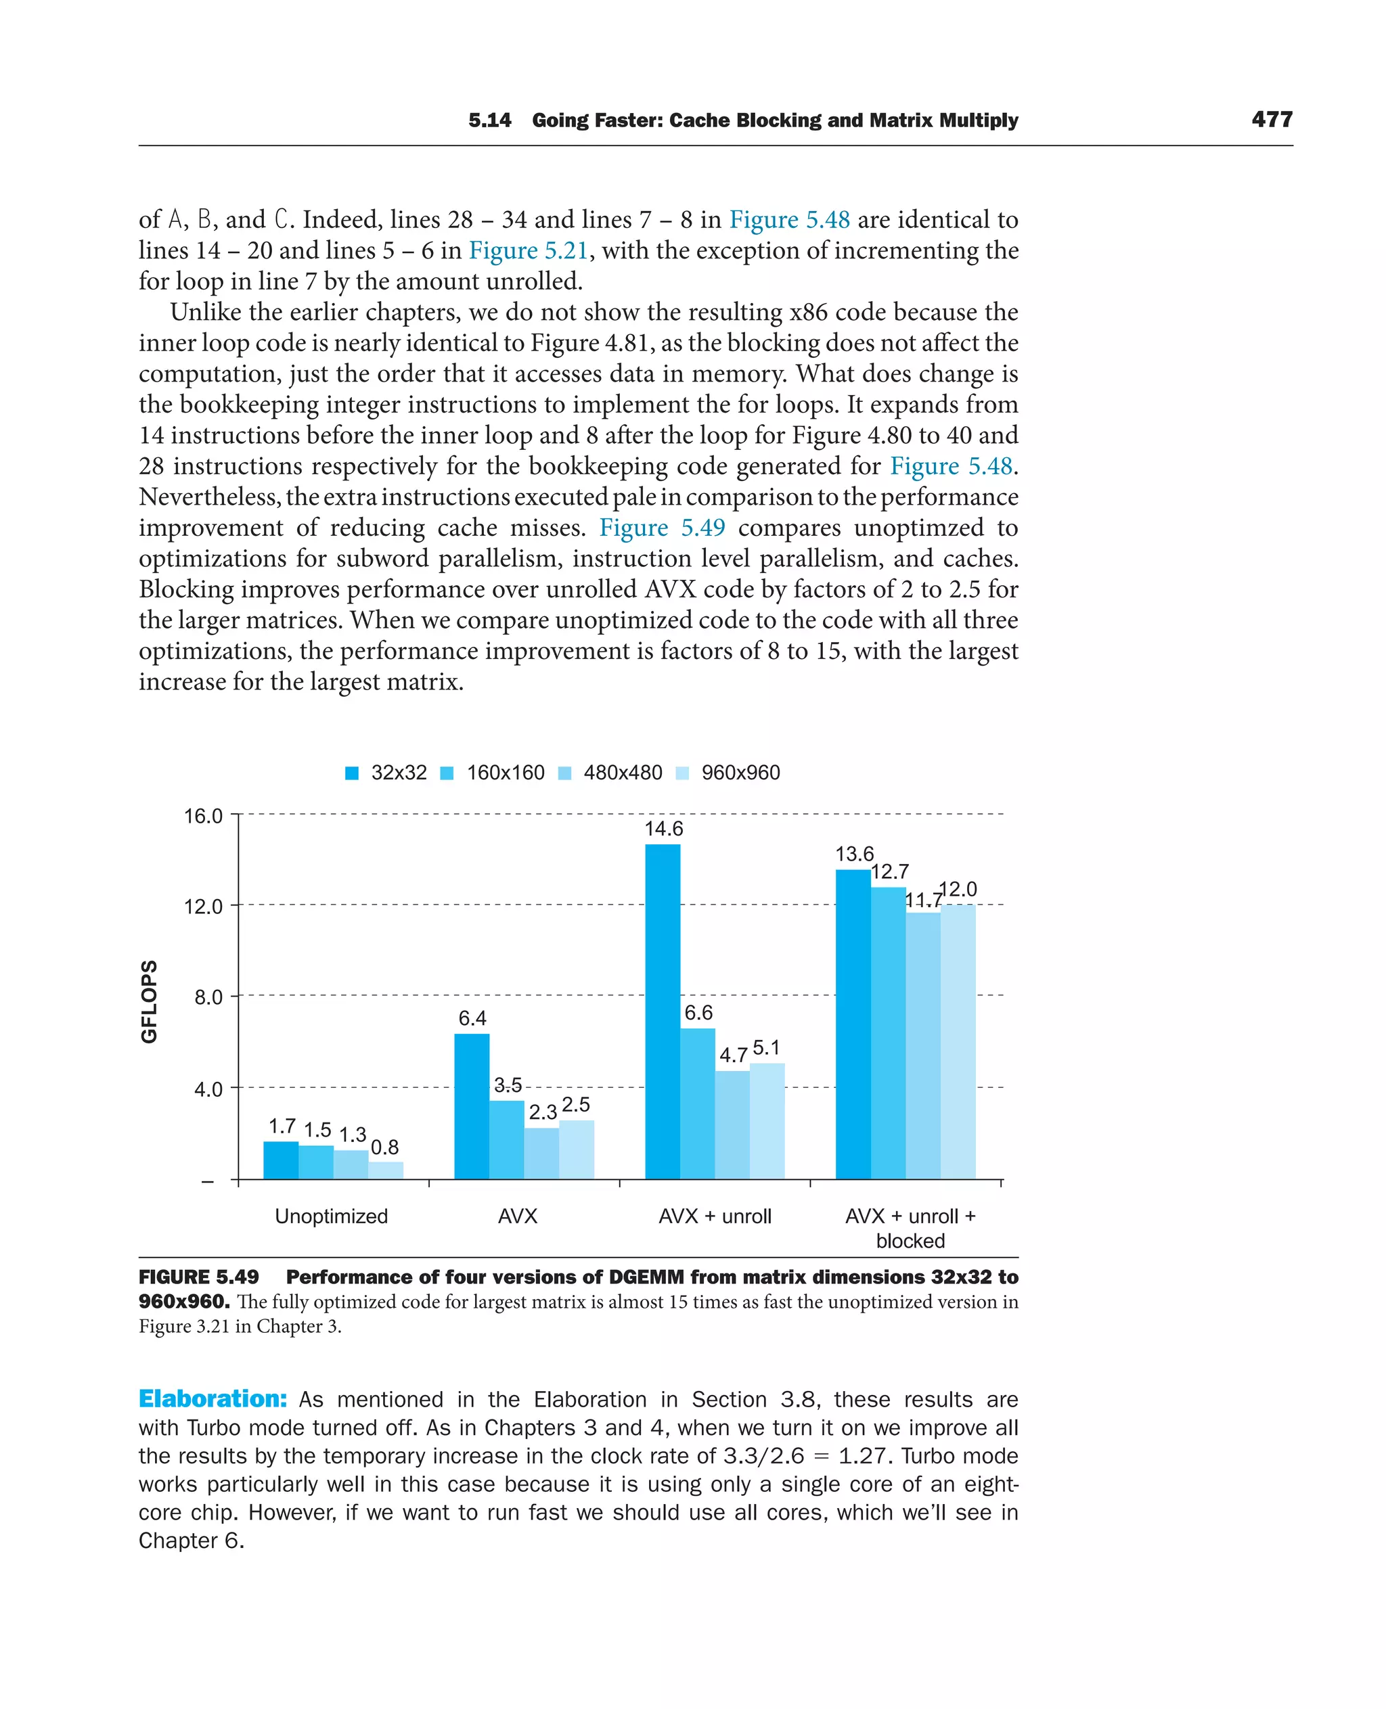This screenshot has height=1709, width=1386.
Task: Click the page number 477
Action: pyautogui.click(x=1272, y=120)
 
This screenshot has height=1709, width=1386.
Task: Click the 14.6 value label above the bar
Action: pyautogui.click(x=663, y=829)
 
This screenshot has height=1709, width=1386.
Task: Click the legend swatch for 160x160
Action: pyautogui.click(x=447, y=773)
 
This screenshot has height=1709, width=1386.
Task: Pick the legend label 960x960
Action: pyautogui.click(x=740, y=773)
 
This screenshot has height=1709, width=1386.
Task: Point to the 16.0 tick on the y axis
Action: pyautogui.click(x=204, y=816)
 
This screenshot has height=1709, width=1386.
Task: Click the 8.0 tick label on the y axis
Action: pyautogui.click(x=208, y=997)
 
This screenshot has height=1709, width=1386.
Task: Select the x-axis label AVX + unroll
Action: pyautogui.click(x=715, y=1216)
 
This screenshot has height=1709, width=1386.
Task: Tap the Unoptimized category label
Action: pyautogui.click(x=332, y=1216)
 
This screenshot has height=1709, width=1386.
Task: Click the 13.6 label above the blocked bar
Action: pyautogui.click(x=854, y=854)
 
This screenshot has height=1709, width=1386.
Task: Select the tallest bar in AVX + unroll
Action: pyautogui.click(x=663, y=1011)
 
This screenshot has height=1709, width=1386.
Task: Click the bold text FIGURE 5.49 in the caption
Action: pyautogui.click(x=199, y=1277)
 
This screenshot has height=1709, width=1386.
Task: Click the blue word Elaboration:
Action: pyautogui.click(x=213, y=1398)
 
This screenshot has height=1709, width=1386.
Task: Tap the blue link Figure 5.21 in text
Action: pyautogui.click(x=528, y=250)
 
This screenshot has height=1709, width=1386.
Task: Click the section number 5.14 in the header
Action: pyautogui.click(x=489, y=120)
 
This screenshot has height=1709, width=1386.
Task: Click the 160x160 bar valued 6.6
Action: pyautogui.click(x=698, y=1103)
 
